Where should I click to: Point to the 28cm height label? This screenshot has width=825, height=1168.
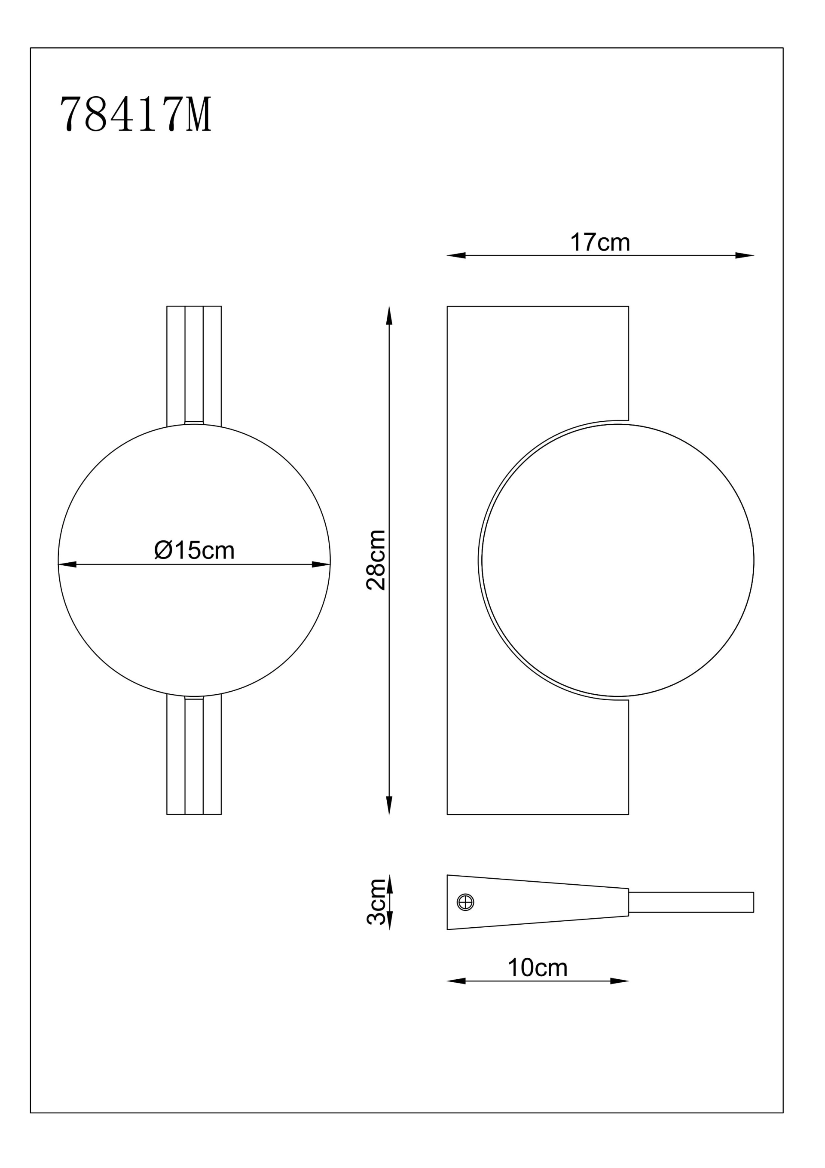[376, 560]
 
